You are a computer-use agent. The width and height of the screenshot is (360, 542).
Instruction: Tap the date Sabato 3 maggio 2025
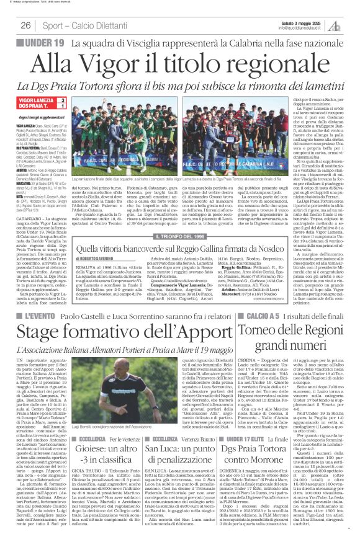[313, 22]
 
